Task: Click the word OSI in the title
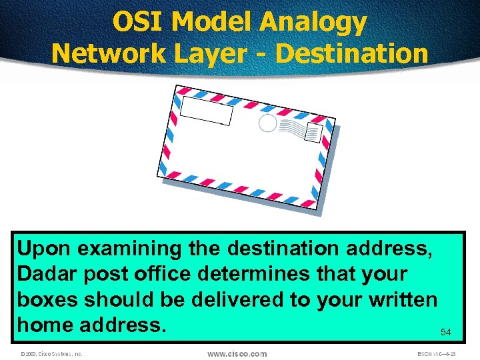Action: [137, 22]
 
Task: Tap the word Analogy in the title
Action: [313, 22]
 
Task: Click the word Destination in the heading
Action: [351, 53]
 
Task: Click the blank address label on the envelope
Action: [207, 111]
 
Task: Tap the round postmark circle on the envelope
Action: [267, 123]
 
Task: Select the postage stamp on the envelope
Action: [313, 133]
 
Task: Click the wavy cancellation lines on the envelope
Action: [291, 128]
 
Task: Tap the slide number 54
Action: [445, 331]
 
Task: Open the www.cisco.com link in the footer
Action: [237, 353]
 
